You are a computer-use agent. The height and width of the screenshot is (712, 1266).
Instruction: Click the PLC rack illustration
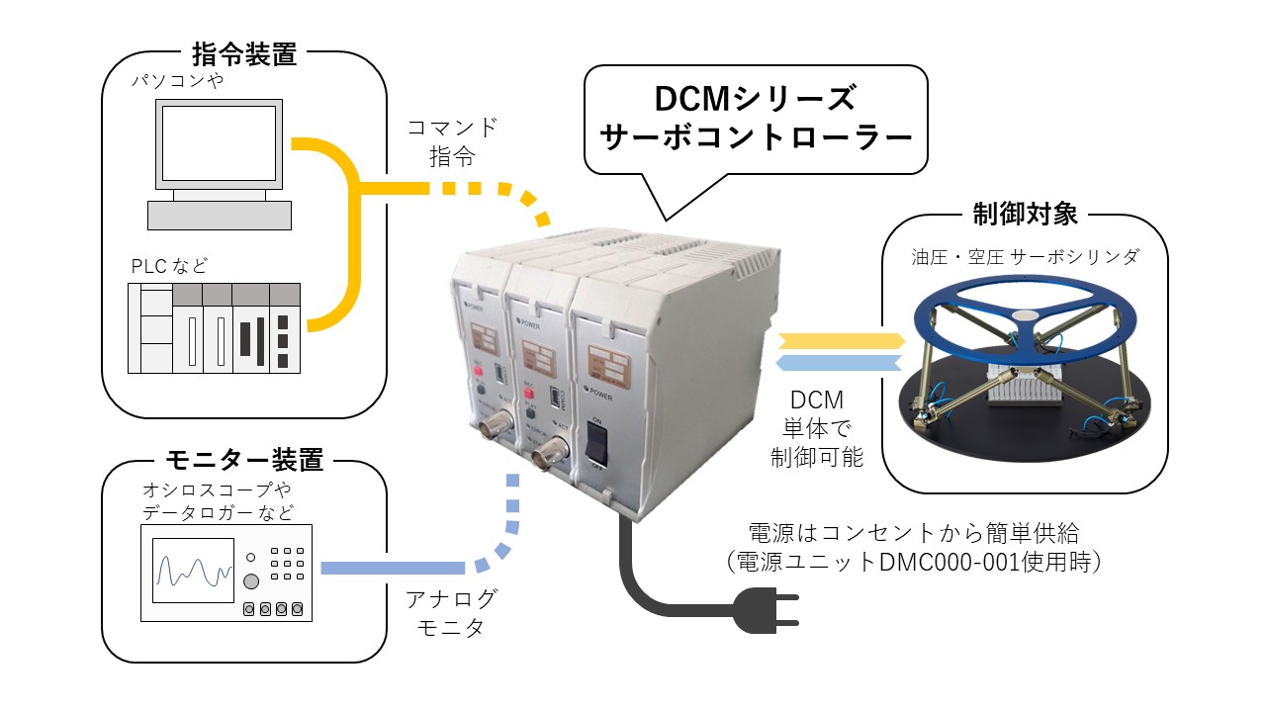click(x=214, y=327)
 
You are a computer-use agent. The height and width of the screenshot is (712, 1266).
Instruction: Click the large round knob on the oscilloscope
click(x=252, y=580)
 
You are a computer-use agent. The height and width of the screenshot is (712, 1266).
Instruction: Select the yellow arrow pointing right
click(x=841, y=341)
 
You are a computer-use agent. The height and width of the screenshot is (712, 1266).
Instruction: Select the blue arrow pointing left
click(x=841, y=363)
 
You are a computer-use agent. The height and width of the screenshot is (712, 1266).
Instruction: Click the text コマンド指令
click(x=453, y=141)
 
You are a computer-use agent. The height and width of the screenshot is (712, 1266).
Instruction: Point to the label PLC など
click(x=171, y=267)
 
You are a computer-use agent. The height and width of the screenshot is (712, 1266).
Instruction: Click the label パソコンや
click(x=178, y=81)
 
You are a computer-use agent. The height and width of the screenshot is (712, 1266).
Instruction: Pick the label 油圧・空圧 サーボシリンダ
click(x=1025, y=257)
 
